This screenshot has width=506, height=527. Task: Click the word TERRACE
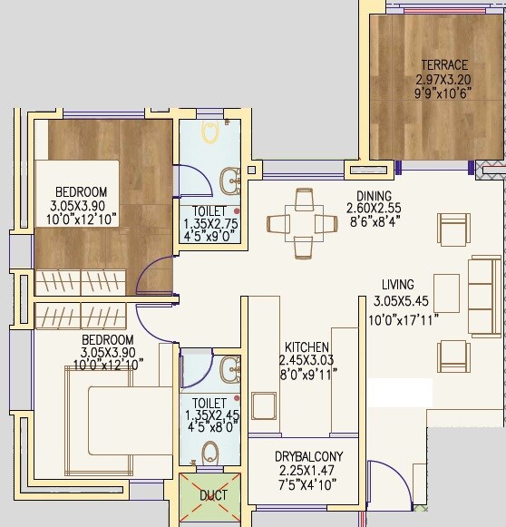click(444, 65)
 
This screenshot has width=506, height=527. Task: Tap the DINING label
click(374, 196)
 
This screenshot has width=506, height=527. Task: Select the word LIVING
click(394, 285)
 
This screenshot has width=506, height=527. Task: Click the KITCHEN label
click(307, 347)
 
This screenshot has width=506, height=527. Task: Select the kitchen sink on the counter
click(264, 405)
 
